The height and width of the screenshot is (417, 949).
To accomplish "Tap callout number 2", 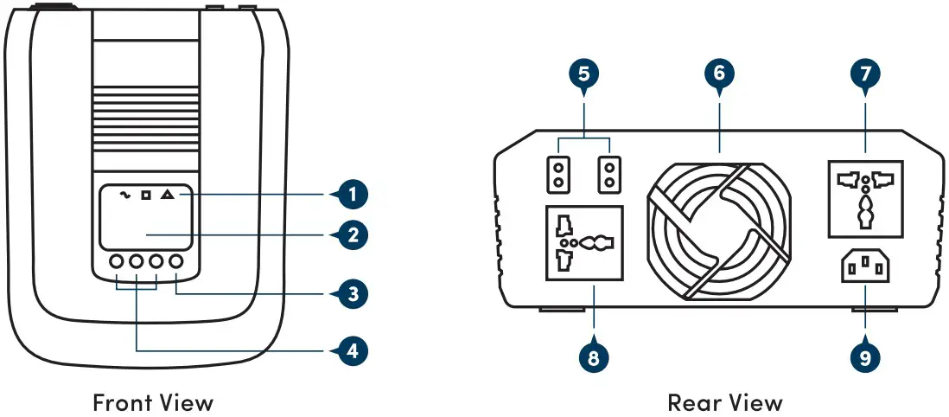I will pyautogui.click(x=349, y=234).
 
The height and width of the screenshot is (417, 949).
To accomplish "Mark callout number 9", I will pyautogui.click(x=865, y=356).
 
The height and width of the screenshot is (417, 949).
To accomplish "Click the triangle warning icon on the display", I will pyautogui.click(x=167, y=196).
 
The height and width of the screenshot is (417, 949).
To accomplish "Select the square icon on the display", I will pyautogui.click(x=145, y=196).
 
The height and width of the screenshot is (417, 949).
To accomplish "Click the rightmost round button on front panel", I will pyautogui.click(x=177, y=261).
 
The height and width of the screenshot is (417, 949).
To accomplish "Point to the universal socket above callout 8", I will pyautogui.click(x=585, y=243).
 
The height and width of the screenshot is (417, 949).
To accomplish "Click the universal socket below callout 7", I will pyautogui.click(x=865, y=199).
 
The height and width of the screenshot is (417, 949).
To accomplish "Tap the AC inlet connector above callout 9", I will pyautogui.click(x=865, y=267).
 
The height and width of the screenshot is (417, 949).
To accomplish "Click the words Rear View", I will pyautogui.click(x=724, y=402).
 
